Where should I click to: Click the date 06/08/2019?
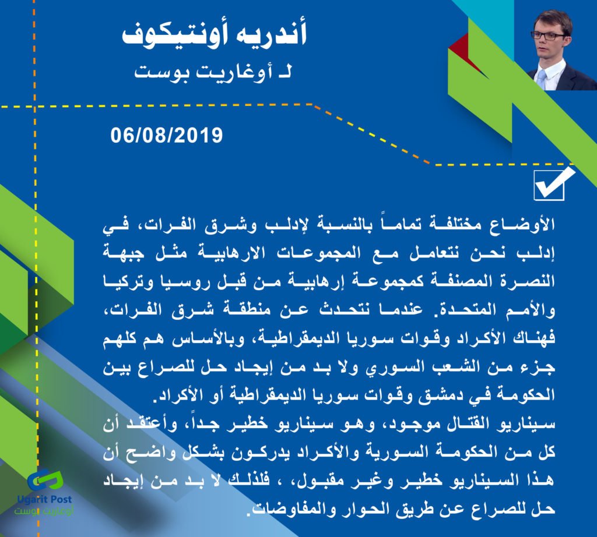click(x=166, y=135)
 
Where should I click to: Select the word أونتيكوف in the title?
click(x=174, y=34)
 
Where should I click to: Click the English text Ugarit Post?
click(x=44, y=499)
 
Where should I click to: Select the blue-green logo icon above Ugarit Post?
click(x=45, y=481)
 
